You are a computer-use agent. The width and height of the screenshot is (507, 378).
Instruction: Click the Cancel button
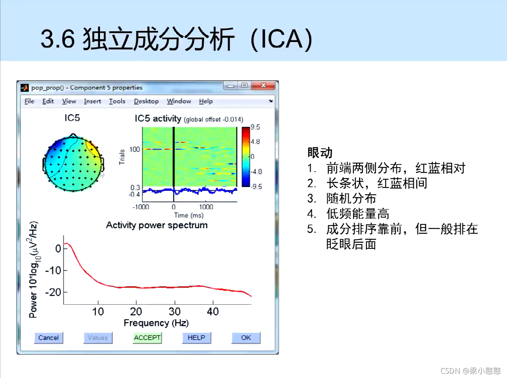click(48, 338)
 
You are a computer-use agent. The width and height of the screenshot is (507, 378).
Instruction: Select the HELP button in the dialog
click(196, 338)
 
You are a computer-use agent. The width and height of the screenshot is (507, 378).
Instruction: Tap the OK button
click(246, 338)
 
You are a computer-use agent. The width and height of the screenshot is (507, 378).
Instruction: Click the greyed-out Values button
click(98, 338)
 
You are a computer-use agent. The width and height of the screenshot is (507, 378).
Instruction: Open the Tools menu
click(117, 101)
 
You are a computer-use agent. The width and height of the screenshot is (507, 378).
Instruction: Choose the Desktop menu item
click(146, 101)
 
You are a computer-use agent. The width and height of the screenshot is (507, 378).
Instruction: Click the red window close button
click(263, 86)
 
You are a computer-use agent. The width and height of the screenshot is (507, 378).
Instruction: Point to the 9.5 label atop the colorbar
click(255, 127)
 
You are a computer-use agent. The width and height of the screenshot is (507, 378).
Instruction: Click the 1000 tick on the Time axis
click(206, 207)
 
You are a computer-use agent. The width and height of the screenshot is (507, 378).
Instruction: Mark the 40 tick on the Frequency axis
click(213, 312)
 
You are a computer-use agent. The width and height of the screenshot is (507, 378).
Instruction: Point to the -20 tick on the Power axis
click(53, 292)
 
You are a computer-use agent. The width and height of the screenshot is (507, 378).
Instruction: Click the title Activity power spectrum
click(157, 225)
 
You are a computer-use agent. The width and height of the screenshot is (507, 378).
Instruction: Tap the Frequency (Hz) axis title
click(156, 323)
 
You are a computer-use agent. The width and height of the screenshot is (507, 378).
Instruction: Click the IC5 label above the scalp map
click(72, 118)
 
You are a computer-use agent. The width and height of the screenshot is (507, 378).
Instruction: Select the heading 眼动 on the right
click(320, 153)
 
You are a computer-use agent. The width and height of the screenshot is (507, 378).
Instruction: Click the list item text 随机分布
click(351, 198)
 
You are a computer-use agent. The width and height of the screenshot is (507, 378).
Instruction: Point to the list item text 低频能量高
click(357, 214)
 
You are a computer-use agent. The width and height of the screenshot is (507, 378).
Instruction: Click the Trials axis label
click(122, 157)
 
